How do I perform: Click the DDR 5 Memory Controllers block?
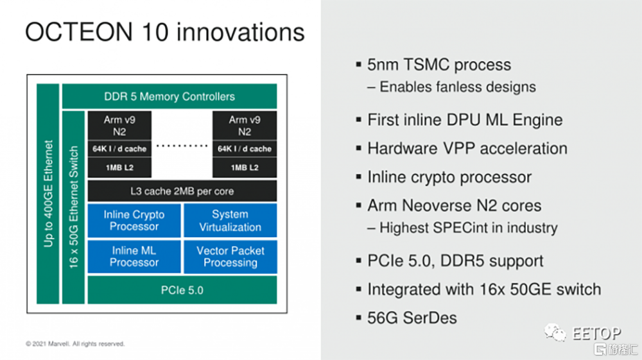coord(169,96)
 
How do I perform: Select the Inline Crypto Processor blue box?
coord(134,221)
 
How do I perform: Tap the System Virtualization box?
coord(230,221)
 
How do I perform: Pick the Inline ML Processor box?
coord(134,257)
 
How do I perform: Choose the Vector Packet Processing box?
coord(230,257)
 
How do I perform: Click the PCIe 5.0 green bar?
coord(182,290)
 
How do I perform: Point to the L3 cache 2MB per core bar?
coord(182,191)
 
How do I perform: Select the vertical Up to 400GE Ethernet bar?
coord(48,193)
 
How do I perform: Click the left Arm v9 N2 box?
coord(119,126)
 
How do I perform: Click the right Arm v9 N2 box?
coord(245,126)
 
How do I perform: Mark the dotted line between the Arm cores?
coord(182,146)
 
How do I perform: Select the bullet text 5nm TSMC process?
coord(439,65)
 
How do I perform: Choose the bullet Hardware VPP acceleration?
coord(467,148)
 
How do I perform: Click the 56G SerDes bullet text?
coord(412,318)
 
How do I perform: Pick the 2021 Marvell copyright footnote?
coord(75,344)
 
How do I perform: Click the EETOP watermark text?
coord(596,333)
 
